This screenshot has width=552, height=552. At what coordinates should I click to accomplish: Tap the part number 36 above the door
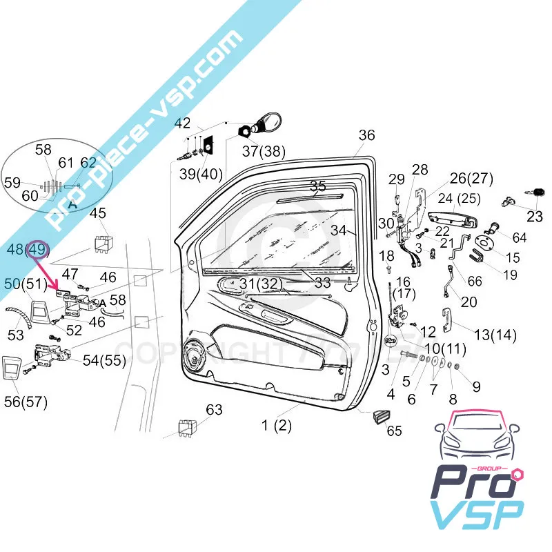tap(366, 135)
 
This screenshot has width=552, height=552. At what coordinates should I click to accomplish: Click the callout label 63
tap(214, 410)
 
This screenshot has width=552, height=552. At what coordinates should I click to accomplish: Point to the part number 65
tap(394, 431)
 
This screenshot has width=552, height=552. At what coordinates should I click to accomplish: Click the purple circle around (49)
tap(39, 249)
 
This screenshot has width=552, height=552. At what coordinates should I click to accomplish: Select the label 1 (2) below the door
tap(276, 425)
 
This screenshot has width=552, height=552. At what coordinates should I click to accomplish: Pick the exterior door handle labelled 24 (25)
tap(453, 219)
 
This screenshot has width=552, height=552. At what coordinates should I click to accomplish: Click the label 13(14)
tap(495, 335)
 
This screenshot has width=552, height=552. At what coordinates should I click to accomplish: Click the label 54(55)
tap(106, 359)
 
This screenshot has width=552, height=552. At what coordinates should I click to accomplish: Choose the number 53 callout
tap(15, 335)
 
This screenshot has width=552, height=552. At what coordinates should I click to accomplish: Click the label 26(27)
tap(472, 178)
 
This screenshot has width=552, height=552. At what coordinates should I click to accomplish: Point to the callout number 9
tap(476, 386)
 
